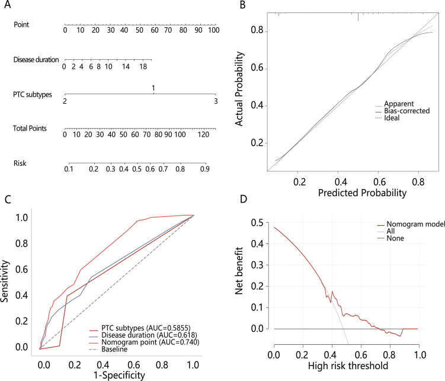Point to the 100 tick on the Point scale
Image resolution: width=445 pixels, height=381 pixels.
(x=214, y=30)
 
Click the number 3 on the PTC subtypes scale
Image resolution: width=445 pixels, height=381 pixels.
(x=215, y=102)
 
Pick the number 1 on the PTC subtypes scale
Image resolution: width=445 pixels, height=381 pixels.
(x=153, y=88)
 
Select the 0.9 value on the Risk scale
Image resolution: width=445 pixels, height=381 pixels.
(x=204, y=169)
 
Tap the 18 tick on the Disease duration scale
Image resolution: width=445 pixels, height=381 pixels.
(x=143, y=67)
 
